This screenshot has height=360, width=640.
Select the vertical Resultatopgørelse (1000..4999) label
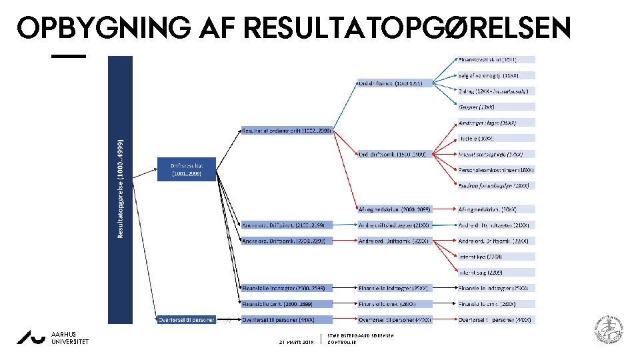(121, 189)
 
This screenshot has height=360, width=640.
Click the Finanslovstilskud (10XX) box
(495, 59)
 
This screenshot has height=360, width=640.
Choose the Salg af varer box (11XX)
(495, 75)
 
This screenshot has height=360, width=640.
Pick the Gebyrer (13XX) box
(495, 106)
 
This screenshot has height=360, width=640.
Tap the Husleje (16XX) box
(495, 138)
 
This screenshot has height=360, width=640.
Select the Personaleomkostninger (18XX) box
(495, 169)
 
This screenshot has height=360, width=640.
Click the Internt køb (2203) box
(495, 256)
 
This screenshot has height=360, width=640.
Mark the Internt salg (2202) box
(495, 272)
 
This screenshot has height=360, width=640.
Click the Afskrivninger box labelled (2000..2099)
(394, 209)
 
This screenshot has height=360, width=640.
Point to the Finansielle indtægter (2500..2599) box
(286, 288)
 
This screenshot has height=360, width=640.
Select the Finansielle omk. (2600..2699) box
(286, 303)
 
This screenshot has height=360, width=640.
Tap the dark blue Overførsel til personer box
(187, 320)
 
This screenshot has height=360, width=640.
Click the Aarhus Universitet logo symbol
(31, 338)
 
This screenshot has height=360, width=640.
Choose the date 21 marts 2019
(297, 342)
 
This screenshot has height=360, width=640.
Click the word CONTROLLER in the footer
(342, 342)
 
